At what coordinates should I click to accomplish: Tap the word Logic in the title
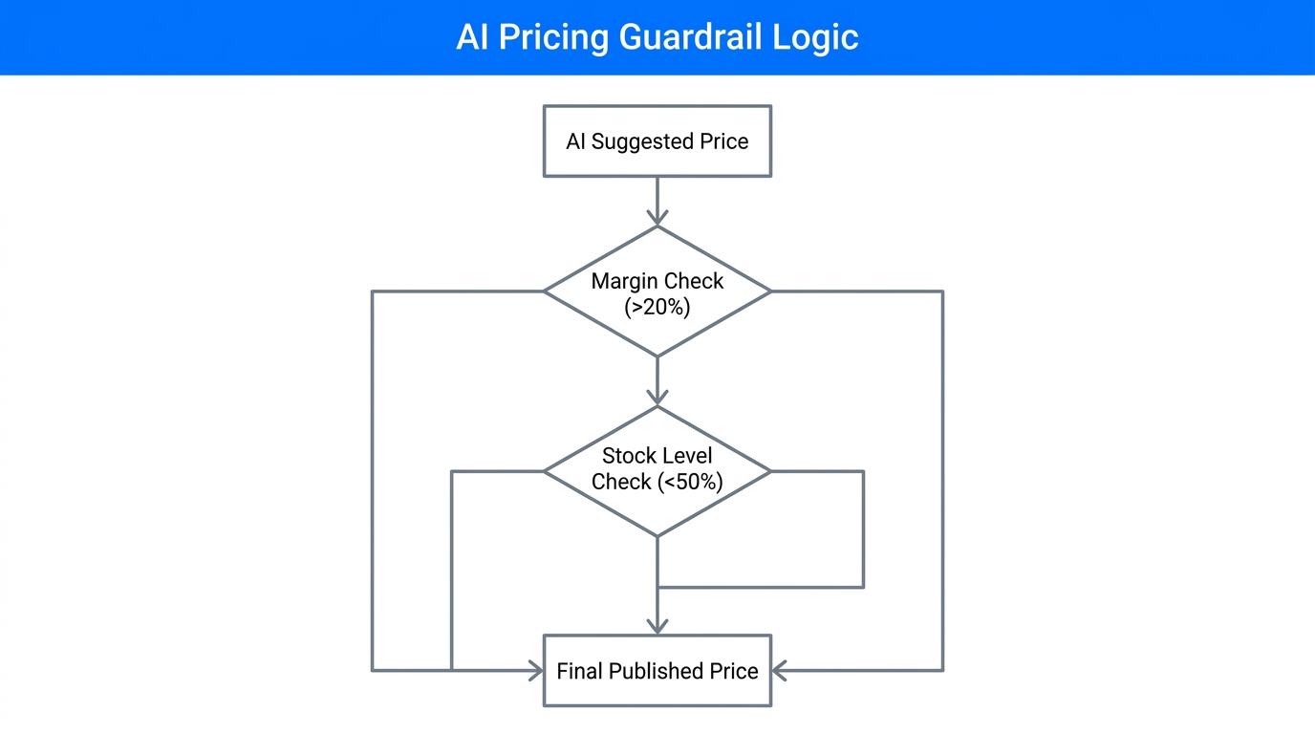click(x=822, y=37)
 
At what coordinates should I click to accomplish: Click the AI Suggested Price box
click(x=657, y=141)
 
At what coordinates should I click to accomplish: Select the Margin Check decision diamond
click(x=657, y=291)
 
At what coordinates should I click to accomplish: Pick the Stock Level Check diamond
click(x=657, y=471)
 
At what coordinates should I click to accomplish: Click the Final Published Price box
click(x=657, y=671)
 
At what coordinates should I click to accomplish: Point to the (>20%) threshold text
click(x=657, y=307)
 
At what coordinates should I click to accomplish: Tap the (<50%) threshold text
click(x=690, y=483)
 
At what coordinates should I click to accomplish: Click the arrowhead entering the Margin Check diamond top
click(x=657, y=218)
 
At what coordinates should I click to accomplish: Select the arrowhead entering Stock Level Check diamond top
click(x=657, y=398)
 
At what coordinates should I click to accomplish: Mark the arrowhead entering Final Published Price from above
click(x=657, y=626)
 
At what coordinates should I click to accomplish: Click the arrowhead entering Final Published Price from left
click(x=536, y=671)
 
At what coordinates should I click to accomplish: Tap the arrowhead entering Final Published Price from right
click(x=779, y=671)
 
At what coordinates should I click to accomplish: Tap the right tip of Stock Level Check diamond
click(x=768, y=471)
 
